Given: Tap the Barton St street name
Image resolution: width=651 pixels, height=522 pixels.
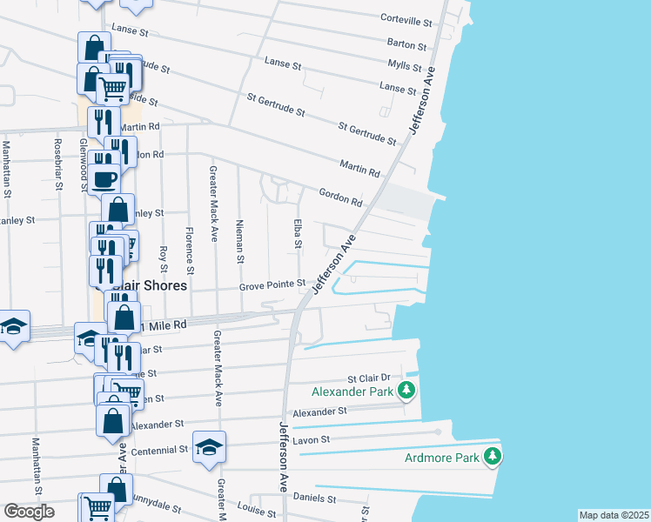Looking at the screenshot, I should click(407, 45).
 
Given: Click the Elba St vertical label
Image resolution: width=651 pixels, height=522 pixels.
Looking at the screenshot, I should click(298, 231).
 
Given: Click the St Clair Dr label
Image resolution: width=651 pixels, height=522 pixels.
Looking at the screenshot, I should click(371, 379).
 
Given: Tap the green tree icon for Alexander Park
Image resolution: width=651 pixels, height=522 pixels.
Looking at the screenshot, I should click(406, 391).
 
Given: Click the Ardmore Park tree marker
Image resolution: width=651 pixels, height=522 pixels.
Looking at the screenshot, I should click(493, 456).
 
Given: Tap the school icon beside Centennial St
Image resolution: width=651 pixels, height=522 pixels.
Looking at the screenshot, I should click(209, 446).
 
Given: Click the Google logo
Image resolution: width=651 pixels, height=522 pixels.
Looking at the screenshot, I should click(29, 512).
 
